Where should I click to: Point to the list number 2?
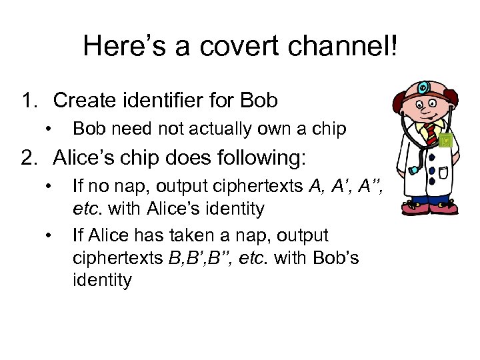pyautogui.click(x=29, y=159)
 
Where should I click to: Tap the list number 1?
pyautogui.click(x=29, y=101)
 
